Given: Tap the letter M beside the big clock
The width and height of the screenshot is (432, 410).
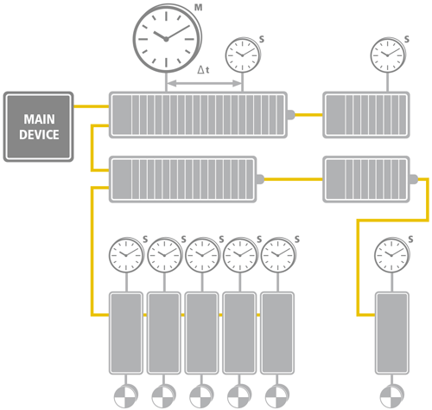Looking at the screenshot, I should click(200, 8).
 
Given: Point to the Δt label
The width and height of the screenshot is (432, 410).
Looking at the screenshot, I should click(204, 70).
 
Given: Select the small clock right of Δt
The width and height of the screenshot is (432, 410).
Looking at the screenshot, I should click(242, 55).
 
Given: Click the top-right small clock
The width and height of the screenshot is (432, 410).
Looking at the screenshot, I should click(385, 55).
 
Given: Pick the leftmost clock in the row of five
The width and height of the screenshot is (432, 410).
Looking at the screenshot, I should click(126, 256).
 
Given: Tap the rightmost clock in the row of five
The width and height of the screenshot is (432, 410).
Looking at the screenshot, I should click(277, 256).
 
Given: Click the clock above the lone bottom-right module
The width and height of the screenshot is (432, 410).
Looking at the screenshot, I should click(391, 256).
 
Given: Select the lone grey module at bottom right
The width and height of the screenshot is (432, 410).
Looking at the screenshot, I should click(391, 331).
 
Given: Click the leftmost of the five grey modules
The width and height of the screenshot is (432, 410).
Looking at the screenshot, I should click(126, 331).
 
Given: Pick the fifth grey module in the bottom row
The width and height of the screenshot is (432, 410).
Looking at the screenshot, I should click(277, 331).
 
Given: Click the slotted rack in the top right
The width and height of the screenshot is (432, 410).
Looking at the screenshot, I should click(364, 113).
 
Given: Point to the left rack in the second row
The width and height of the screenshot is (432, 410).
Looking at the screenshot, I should click(184, 178).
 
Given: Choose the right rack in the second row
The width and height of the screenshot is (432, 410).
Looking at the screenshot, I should click(364, 177).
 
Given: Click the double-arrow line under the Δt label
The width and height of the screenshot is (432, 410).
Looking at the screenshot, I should click(204, 84).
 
